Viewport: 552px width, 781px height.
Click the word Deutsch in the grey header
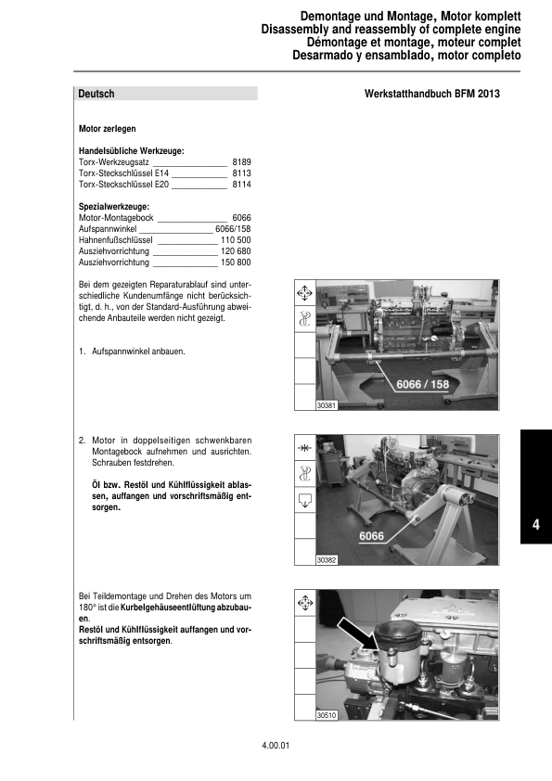(96, 94)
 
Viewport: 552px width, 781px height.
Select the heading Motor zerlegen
(107, 129)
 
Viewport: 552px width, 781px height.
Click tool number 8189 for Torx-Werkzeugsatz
(241, 161)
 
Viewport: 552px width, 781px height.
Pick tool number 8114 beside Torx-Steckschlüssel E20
(241, 185)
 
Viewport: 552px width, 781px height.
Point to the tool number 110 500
(236, 239)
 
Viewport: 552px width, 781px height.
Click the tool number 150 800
(236, 262)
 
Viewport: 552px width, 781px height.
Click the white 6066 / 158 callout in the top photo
(422, 384)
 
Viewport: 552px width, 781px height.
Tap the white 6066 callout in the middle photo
(371, 536)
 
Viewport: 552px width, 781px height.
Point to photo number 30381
(327, 405)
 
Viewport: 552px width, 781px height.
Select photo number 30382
(327, 560)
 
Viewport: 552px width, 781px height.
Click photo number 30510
(327, 715)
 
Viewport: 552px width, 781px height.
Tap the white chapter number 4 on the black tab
(536, 526)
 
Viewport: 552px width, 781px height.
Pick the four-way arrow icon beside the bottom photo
(303, 604)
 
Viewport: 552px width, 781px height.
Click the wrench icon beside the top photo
(303, 320)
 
